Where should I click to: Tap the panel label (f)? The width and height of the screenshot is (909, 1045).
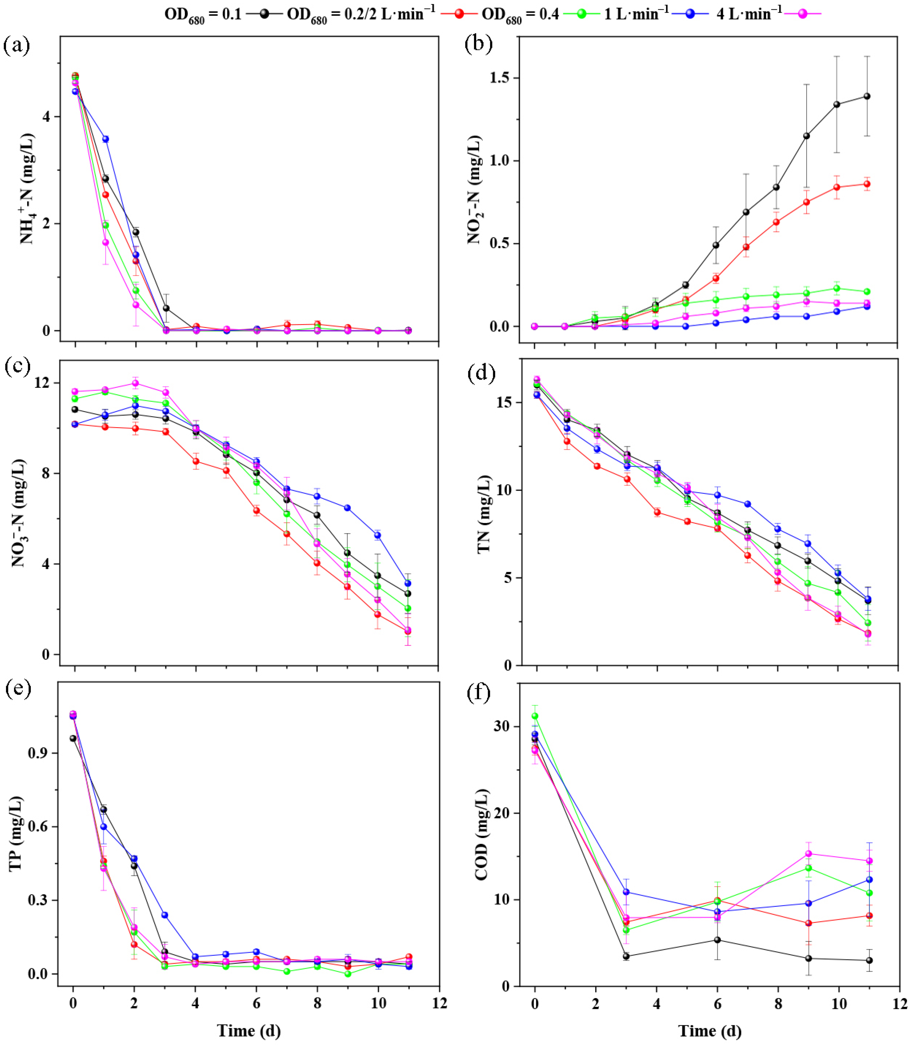tap(478, 693)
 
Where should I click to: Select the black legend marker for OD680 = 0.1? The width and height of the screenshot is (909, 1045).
tap(264, 14)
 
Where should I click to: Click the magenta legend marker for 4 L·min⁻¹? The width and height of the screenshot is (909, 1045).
tap(803, 14)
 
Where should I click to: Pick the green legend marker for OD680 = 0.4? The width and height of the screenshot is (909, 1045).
tap(581, 14)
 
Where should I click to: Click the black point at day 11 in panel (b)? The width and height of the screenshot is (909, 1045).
tap(867, 96)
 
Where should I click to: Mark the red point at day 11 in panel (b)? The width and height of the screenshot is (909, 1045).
tap(867, 184)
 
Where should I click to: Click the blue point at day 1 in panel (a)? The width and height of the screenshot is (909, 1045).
tap(105, 139)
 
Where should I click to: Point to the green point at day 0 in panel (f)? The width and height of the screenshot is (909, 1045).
tap(535, 716)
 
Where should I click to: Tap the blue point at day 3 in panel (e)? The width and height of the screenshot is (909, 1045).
tap(164, 915)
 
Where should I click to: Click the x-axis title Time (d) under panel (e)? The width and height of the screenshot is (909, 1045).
tap(249, 1030)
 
